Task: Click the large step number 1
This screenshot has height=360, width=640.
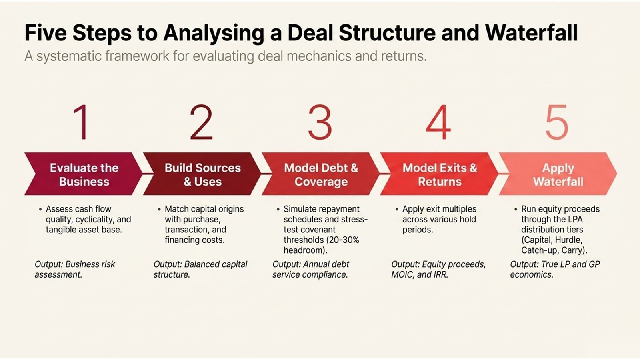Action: pos(82,122)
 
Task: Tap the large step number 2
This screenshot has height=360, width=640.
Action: pos(201,122)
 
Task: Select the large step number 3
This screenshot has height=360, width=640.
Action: pos(320,122)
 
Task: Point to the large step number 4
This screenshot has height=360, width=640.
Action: pos(438,122)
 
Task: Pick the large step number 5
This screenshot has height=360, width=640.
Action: pos(557,122)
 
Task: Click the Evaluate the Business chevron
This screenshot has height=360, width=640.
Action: pos(84,174)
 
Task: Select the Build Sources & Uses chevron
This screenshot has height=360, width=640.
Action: pos(202,174)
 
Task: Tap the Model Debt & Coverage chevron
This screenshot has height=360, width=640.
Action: pos(321,174)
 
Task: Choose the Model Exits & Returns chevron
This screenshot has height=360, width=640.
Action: pos(440,174)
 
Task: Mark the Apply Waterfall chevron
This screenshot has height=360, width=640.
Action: pos(558,174)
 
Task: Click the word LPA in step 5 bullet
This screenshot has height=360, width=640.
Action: pos(575,219)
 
